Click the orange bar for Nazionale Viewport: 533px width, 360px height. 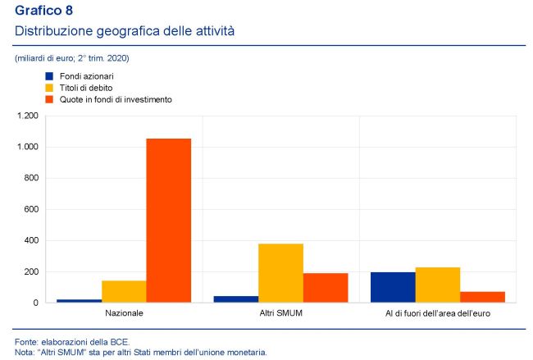pyautogui.click(x=169, y=220)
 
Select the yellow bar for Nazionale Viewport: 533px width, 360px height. pyautogui.click(x=124, y=291)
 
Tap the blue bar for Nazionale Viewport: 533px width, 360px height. pyautogui.click(x=79, y=300)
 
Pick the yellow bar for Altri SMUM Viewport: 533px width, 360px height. pyautogui.click(x=281, y=273)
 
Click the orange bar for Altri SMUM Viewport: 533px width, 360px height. pyautogui.click(x=326, y=287)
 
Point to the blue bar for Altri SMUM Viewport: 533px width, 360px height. pyautogui.click(x=236, y=298)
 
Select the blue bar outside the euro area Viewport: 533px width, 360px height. pyautogui.click(x=393, y=287)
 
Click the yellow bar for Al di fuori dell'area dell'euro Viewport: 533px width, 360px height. pyautogui.click(x=438, y=285)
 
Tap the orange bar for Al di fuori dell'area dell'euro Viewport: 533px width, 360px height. pyautogui.click(x=482, y=297)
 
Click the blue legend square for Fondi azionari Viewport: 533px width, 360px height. pyautogui.click(x=48, y=75)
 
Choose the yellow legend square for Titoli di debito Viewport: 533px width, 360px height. pyautogui.click(x=48, y=87)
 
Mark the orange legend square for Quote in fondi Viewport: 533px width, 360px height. pyautogui.click(x=48, y=98)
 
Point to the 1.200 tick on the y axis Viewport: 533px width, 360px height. pyautogui.click(x=27, y=116)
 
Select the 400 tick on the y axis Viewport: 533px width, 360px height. pyautogui.click(x=30, y=240)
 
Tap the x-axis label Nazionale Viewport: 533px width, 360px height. pyautogui.click(x=124, y=314)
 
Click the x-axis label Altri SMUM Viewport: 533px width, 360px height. pyautogui.click(x=281, y=314)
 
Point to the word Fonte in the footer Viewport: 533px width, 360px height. pyautogui.click(x=26, y=340)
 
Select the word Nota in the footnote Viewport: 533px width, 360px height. pyautogui.click(x=25, y=352)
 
